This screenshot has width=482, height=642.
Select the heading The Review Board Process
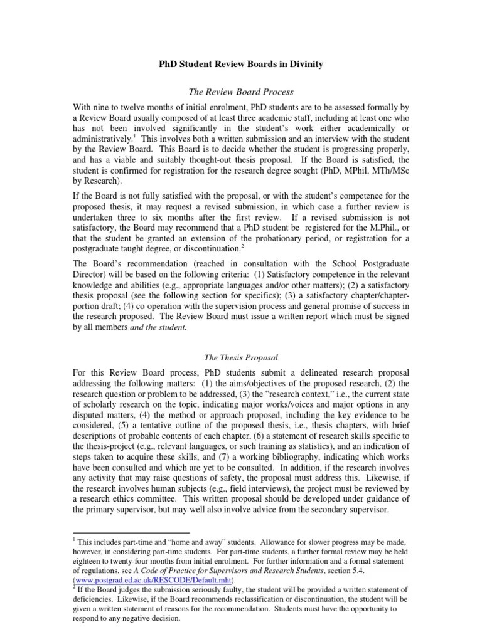(241, 92)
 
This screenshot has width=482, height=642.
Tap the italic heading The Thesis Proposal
(241, 357)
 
